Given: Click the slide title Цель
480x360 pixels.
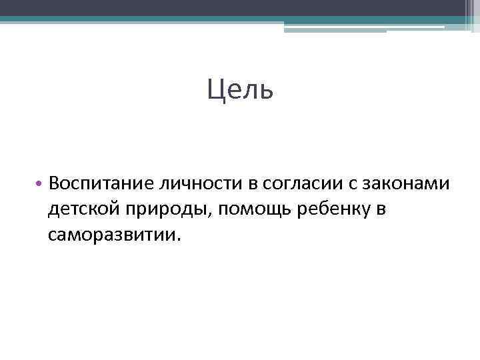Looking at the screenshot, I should (239, 89).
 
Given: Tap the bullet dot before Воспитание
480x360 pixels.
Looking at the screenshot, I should (40, 183).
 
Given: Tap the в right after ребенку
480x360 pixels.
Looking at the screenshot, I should (381, 209).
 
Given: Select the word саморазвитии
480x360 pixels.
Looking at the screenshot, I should (112, 235).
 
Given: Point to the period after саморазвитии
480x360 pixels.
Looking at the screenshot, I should (179, 240).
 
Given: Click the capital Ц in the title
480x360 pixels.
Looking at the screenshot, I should (215, 89).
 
